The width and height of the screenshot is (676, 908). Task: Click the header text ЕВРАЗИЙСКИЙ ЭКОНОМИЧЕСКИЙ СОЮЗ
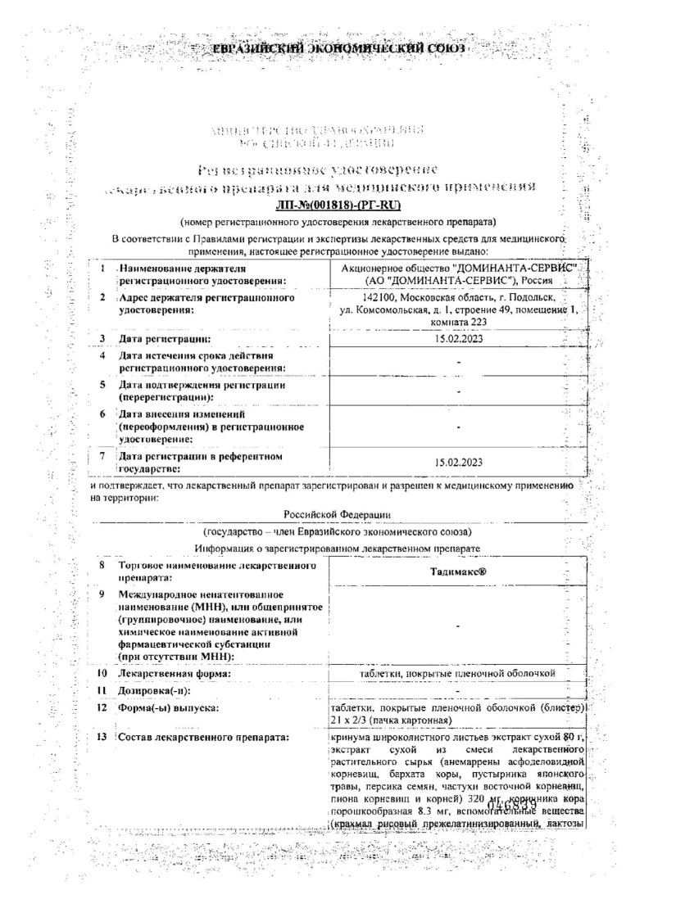point(338,48)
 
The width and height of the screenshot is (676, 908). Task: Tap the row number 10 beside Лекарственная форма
point(102,673)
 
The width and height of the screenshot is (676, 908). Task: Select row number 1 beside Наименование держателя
point(102,269)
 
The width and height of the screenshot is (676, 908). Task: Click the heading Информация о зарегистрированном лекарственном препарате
point(338,547)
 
